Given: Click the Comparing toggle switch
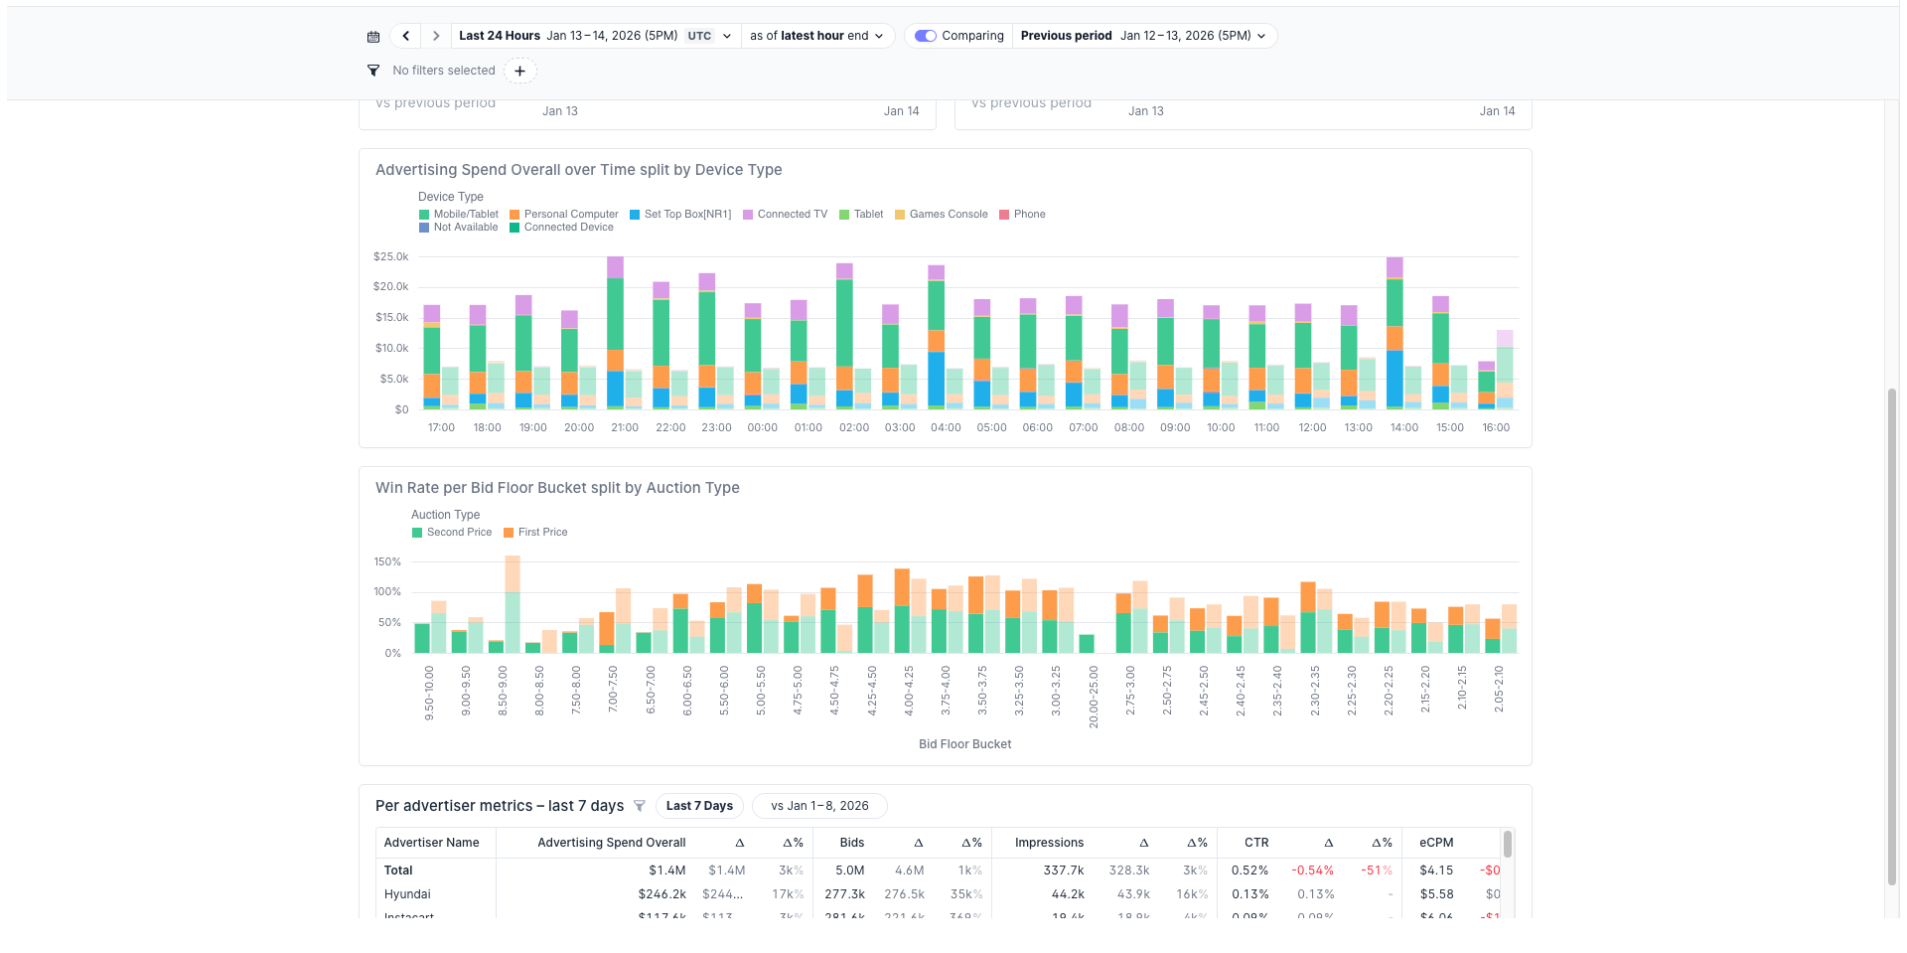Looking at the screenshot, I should tap(926, 36).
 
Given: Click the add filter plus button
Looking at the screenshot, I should tap(519, 71).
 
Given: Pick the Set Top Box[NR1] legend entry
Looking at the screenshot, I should tap(680, 215).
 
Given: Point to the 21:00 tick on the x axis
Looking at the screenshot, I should tap(625, 428).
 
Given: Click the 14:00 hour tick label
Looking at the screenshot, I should tap(1403, 428).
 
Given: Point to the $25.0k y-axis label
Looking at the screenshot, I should tap(390, 257).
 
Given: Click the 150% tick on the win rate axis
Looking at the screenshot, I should tap(387, 562).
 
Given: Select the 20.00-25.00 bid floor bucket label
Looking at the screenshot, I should tap(1094, 698).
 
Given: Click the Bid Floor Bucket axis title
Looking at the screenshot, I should tap(964, 744).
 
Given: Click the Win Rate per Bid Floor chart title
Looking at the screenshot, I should tap(557, 488).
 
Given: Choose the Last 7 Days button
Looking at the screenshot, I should tap(699, 806).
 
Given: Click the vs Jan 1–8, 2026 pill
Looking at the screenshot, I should tap(819, 806).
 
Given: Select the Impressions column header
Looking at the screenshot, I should tap(1049, 843).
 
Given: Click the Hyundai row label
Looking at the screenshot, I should tap(407, 894).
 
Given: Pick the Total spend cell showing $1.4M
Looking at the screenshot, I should tap(666, 871).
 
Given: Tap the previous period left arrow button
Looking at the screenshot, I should tap(405, 36).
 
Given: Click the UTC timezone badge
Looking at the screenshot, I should tap(699, 36).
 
